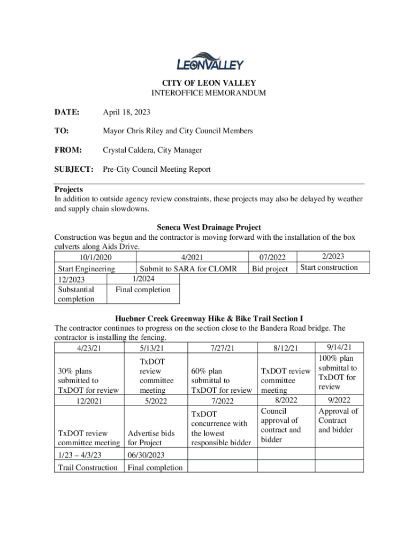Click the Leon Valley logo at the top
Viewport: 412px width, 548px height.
[x=210, y=62]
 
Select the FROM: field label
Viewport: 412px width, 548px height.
[x=68, y=150]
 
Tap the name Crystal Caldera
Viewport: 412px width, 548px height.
[x=127, y=150]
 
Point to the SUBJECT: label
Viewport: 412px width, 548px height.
[x=74, y=169]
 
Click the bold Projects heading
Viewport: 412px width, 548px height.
[x=68, y=189]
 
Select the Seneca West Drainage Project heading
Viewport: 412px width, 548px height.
[x=209, y=227]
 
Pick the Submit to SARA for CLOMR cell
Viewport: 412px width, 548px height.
[x=192, y=269]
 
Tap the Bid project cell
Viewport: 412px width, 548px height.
[x=270, y=269]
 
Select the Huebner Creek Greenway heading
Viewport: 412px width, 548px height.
[x=209, y=319]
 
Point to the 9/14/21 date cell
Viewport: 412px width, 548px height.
[x=338, y=347]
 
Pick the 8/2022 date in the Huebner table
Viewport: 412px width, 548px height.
[x=286, y=400]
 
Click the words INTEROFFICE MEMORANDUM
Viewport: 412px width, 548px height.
[x=209, y=93]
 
